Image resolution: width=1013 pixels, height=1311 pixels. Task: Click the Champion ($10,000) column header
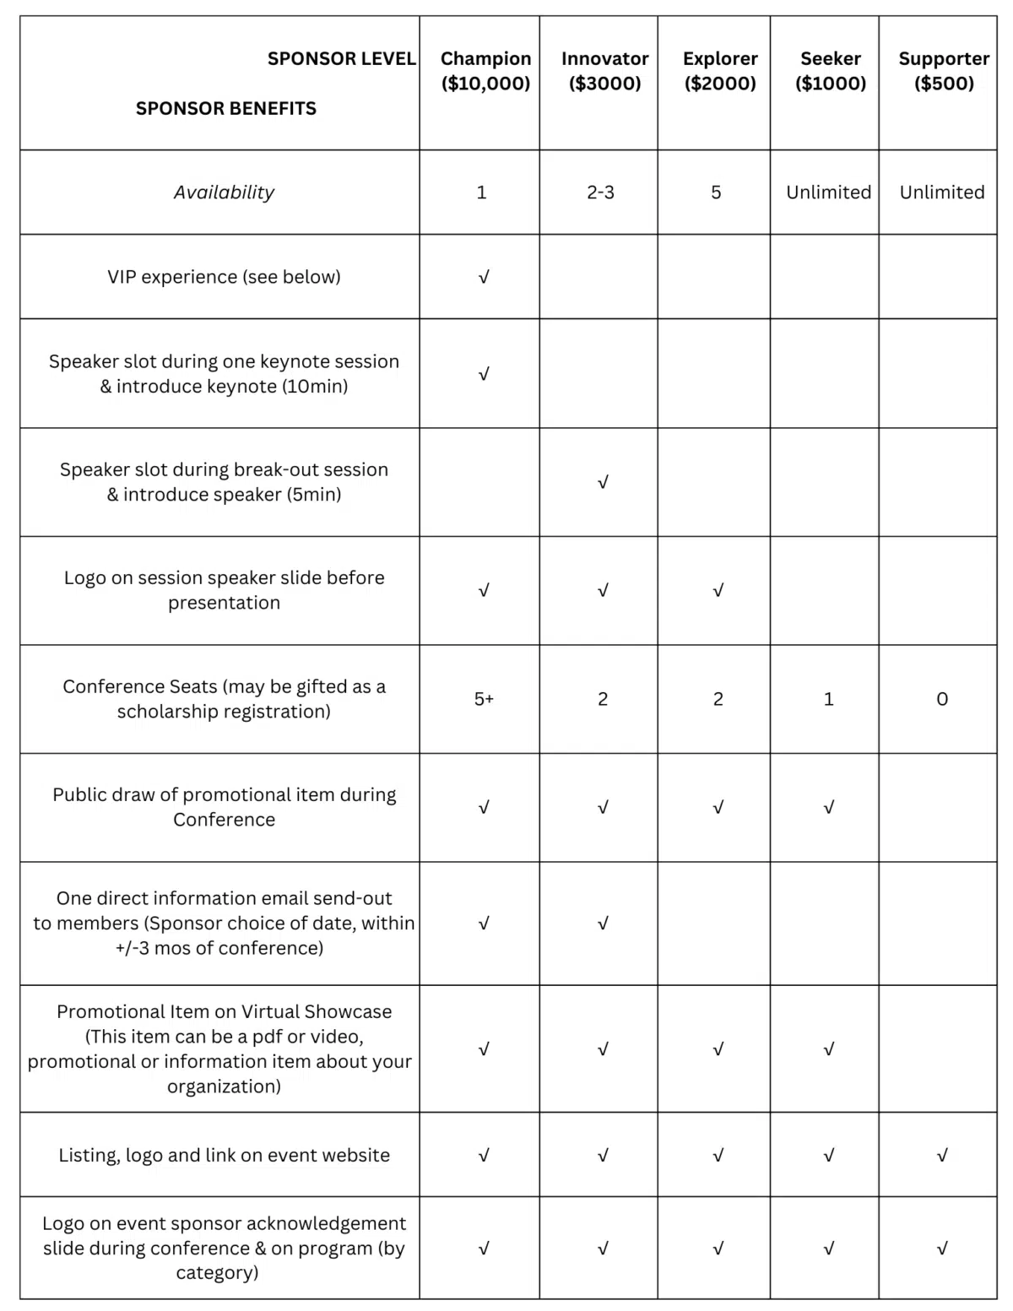pyautogui.click(x=485, y=71)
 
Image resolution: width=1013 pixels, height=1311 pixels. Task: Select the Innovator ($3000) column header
pyautogui.click(x=604, y=71)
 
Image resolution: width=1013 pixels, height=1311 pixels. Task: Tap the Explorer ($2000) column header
pyautogui.click(x=720, y=71)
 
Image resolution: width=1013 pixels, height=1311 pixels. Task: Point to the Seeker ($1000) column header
pyautogui.click(x=831, y=71)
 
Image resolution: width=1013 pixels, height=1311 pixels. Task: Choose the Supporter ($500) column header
pyautogui.click(x=944, y=71)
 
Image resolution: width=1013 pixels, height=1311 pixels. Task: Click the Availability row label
pyautogui.click(x=224, y=192)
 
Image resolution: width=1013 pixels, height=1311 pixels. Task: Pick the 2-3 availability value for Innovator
pyautogui.click(x=600, y=192)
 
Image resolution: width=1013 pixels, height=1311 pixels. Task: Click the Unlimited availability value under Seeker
pyautogui.click(x=828, y=192)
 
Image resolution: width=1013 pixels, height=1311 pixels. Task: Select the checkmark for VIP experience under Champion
pyautogui.click(x=484, y=277)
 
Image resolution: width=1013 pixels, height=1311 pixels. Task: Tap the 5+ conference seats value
pyautogui.click(x=484, y=699)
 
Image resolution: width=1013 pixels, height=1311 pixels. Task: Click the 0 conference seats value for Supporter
pyautogui.click(x=942, y=699)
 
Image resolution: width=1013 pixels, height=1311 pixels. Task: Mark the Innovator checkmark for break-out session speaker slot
pyautogui.click(x=603, y=482)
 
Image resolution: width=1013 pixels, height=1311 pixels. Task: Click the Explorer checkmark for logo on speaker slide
pyautogui.click(x=718, y=591)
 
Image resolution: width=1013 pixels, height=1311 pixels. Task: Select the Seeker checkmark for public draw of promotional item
pyautogui.click(x=828, y=808)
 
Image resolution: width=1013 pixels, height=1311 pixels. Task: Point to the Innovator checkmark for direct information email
pyautogui.click(x=603, y=924)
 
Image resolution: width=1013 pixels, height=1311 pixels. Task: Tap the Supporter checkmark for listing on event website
pyautogui.click(x=942, y=1155)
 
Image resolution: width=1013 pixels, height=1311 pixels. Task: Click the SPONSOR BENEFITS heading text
pyautogui.click(x=226, y=108)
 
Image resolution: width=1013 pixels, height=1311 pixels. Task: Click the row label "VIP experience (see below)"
pyautogui.click(x=224, y=277)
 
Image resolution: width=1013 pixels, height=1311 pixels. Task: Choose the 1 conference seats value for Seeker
pyautogui.click(x=828, y=699)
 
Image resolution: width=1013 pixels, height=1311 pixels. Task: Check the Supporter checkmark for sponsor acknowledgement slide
pyautogui.click(x=942, y=1248)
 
